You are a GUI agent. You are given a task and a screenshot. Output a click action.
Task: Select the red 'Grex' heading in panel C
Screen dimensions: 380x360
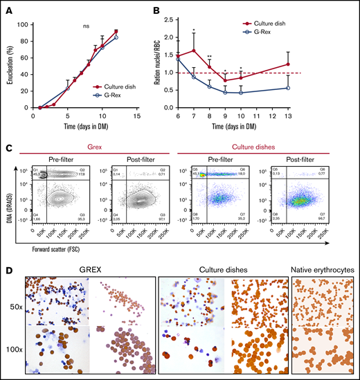tap(89, 146)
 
